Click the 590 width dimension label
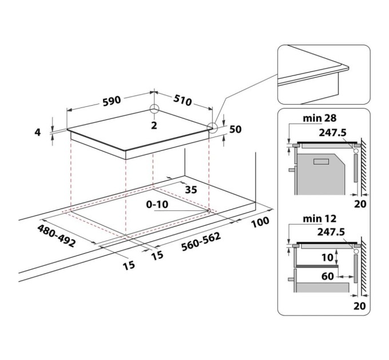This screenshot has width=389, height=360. click(x=111, y=100)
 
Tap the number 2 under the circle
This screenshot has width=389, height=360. click(x=154, y=125)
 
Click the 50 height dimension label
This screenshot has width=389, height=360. click(x=235, y=130)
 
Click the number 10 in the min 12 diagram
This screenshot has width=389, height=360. click(x=325, y=258)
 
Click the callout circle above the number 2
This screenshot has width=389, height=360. click(x=154, y=110)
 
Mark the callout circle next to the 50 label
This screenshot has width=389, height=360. click(x=213, y=128)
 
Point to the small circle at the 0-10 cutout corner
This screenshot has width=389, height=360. click(x=208, y=211)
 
